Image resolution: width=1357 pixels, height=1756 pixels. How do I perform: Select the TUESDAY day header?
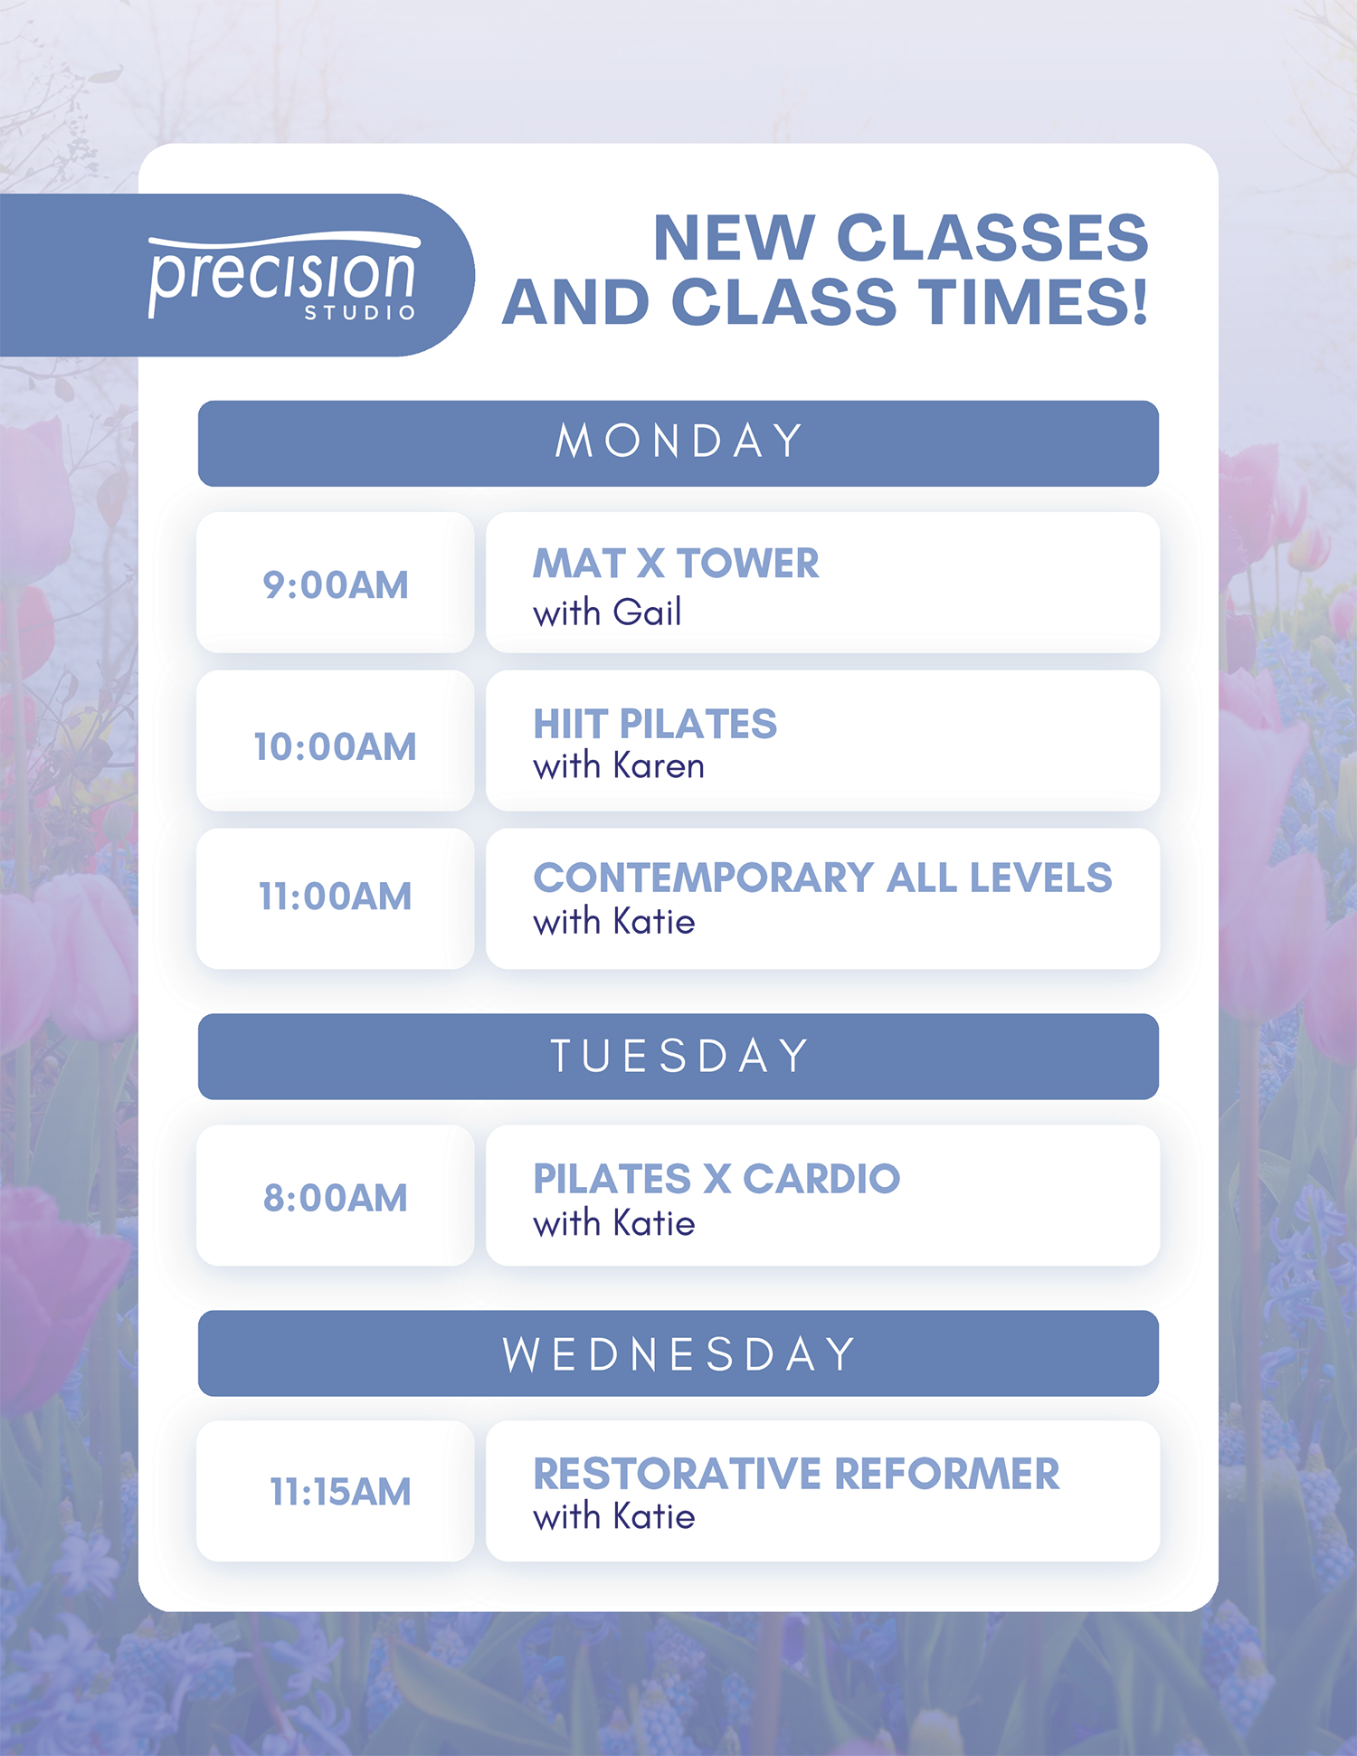click(x=678, y=1057)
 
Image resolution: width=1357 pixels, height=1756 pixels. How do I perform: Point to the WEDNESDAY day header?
click(x=678, y=1353)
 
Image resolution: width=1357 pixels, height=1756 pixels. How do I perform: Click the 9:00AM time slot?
click(x=336, y=585)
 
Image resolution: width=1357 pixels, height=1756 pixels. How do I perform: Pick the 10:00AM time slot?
click(x=336, y=747)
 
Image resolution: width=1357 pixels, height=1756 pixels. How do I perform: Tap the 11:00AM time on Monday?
click(x=336, y=897)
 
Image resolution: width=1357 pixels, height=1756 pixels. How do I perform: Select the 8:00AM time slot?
click(x=336, y=1198)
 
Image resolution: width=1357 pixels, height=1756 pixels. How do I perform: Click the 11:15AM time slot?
click(x=340, y=1492)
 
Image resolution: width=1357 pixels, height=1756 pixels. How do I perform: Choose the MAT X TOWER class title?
click(x=676, y=564)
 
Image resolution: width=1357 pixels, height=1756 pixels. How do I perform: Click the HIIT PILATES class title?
click(x=655, y=724)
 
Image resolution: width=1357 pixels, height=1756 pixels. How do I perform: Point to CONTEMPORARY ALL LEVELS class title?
click(x=822, y=878)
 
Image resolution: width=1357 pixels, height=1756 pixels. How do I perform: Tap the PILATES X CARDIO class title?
click(x=716, y=1179)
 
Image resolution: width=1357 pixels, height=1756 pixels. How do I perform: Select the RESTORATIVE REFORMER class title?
click(x=796, y=1474)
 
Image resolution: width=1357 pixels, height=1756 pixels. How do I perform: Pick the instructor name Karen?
click(x=659, y=766)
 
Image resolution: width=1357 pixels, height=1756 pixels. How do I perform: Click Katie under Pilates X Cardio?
click(x=654, y=1224)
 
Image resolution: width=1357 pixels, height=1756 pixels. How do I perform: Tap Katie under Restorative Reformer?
click(x=654, y=1517)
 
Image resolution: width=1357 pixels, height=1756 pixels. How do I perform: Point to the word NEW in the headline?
click(x=734, y=238)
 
